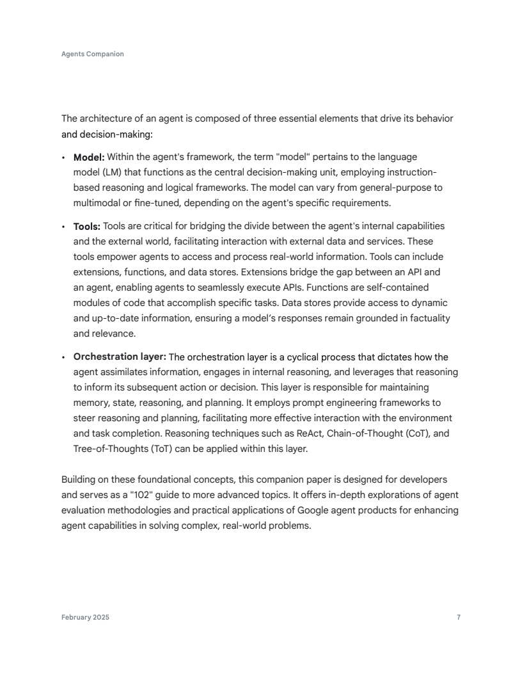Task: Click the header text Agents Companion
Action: coord(93,54)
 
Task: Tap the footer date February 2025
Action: coord(85,617)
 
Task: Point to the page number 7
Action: coord(459,617)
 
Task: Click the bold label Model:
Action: coord(89,157)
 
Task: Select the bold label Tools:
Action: coord(87,226)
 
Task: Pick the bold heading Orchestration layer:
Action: coord(120,357)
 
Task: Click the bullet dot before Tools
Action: coord(64,227)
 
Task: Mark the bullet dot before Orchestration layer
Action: coord(64,357)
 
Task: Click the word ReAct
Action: coord(310,433)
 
